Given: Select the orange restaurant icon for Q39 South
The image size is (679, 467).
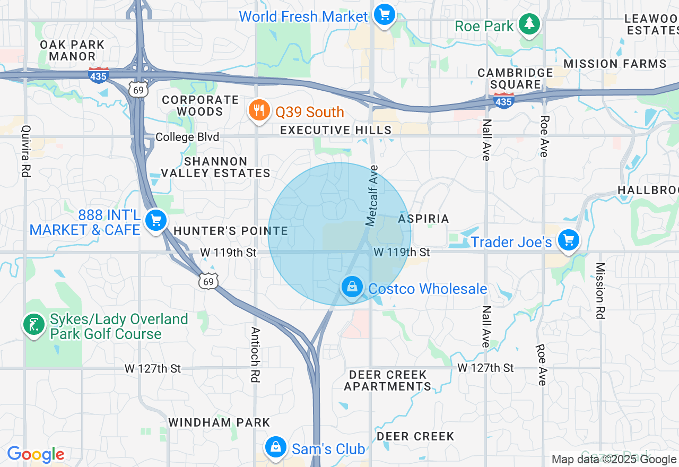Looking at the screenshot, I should click(x=258, y=110).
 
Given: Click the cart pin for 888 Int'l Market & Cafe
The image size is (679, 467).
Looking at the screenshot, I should click(x=156, y=220).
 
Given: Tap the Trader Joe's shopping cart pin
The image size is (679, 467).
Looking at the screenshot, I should click(x=569, y=240).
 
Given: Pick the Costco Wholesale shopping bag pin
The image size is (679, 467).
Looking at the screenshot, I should click(x=351, y=287).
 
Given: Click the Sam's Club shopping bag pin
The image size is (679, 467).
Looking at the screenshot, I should click(x=276, y=447).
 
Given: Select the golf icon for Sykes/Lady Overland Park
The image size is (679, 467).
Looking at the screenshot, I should click(x=33, y=324).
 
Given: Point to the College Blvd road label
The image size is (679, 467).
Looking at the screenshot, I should click(x=187, y=137).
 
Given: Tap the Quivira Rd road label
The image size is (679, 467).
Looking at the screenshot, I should click(x=25, y=151).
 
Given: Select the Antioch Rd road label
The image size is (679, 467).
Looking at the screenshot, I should click(x=256, y=354).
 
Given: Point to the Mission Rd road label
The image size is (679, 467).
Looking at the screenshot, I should click(x=600, y=291).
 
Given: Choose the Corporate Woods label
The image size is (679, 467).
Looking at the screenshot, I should click(x=200, y=106).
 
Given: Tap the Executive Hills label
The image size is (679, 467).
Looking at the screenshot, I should click(x=336, y=130).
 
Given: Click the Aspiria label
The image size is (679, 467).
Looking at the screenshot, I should click(x=423, y=219).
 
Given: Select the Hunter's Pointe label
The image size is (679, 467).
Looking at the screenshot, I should click(x=230, y=231).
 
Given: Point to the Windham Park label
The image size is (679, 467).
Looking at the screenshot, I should click(x=219, y=422).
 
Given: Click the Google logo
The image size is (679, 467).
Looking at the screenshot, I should click(x=36, y=454).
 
